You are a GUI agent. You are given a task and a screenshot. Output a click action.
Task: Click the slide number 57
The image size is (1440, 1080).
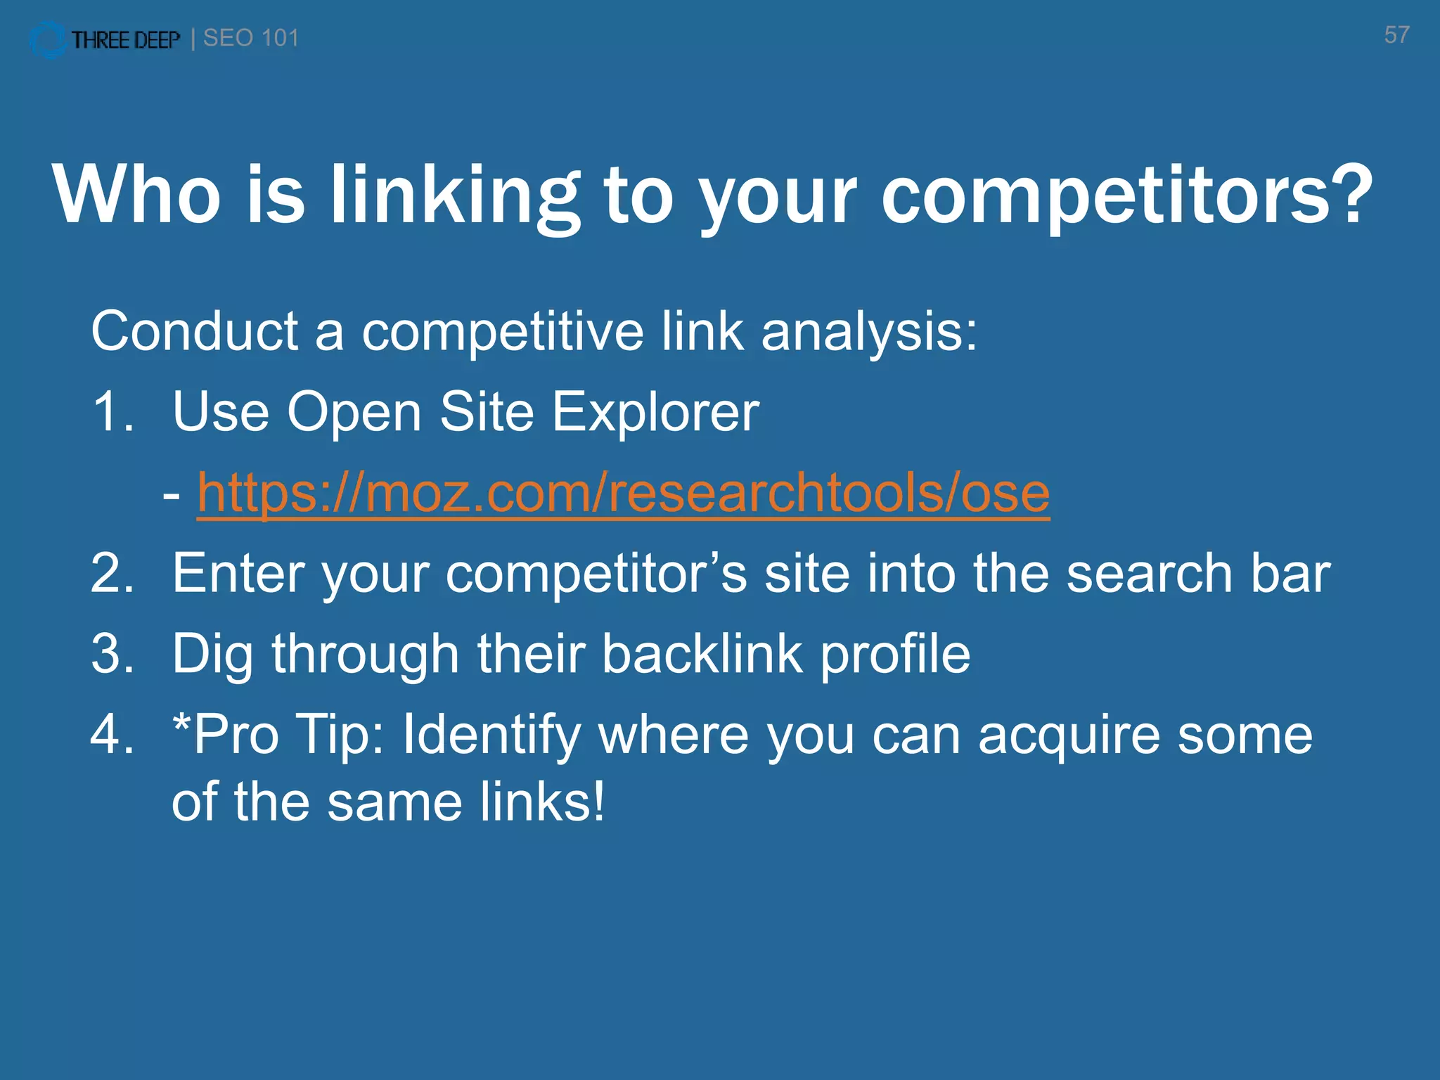(1396, 35)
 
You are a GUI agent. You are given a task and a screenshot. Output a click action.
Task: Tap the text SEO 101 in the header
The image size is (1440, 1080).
(251, 38)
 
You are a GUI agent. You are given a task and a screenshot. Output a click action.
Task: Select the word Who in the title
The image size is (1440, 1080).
(136, 195)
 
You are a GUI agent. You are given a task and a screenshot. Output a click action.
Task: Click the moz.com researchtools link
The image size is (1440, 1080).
(623, 493)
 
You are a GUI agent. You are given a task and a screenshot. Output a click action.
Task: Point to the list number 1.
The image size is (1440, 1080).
(112, 412)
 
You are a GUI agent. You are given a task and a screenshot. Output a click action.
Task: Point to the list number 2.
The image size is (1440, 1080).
(112, 574)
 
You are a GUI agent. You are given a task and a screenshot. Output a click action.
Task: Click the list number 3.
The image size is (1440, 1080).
(112, 654)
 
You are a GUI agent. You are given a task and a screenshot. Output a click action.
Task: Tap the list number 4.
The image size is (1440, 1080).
(112, 735)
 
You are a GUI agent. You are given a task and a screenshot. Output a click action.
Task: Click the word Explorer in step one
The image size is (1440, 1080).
(655, 412)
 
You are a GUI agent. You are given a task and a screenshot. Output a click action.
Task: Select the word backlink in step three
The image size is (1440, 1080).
(702, 654)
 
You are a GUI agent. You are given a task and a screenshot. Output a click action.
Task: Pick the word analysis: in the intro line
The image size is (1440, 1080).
(869, 331)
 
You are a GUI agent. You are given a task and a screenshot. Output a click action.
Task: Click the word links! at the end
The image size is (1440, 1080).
(542, 802)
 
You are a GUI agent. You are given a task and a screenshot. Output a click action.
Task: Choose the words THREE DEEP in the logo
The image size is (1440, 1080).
(126, 40)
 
